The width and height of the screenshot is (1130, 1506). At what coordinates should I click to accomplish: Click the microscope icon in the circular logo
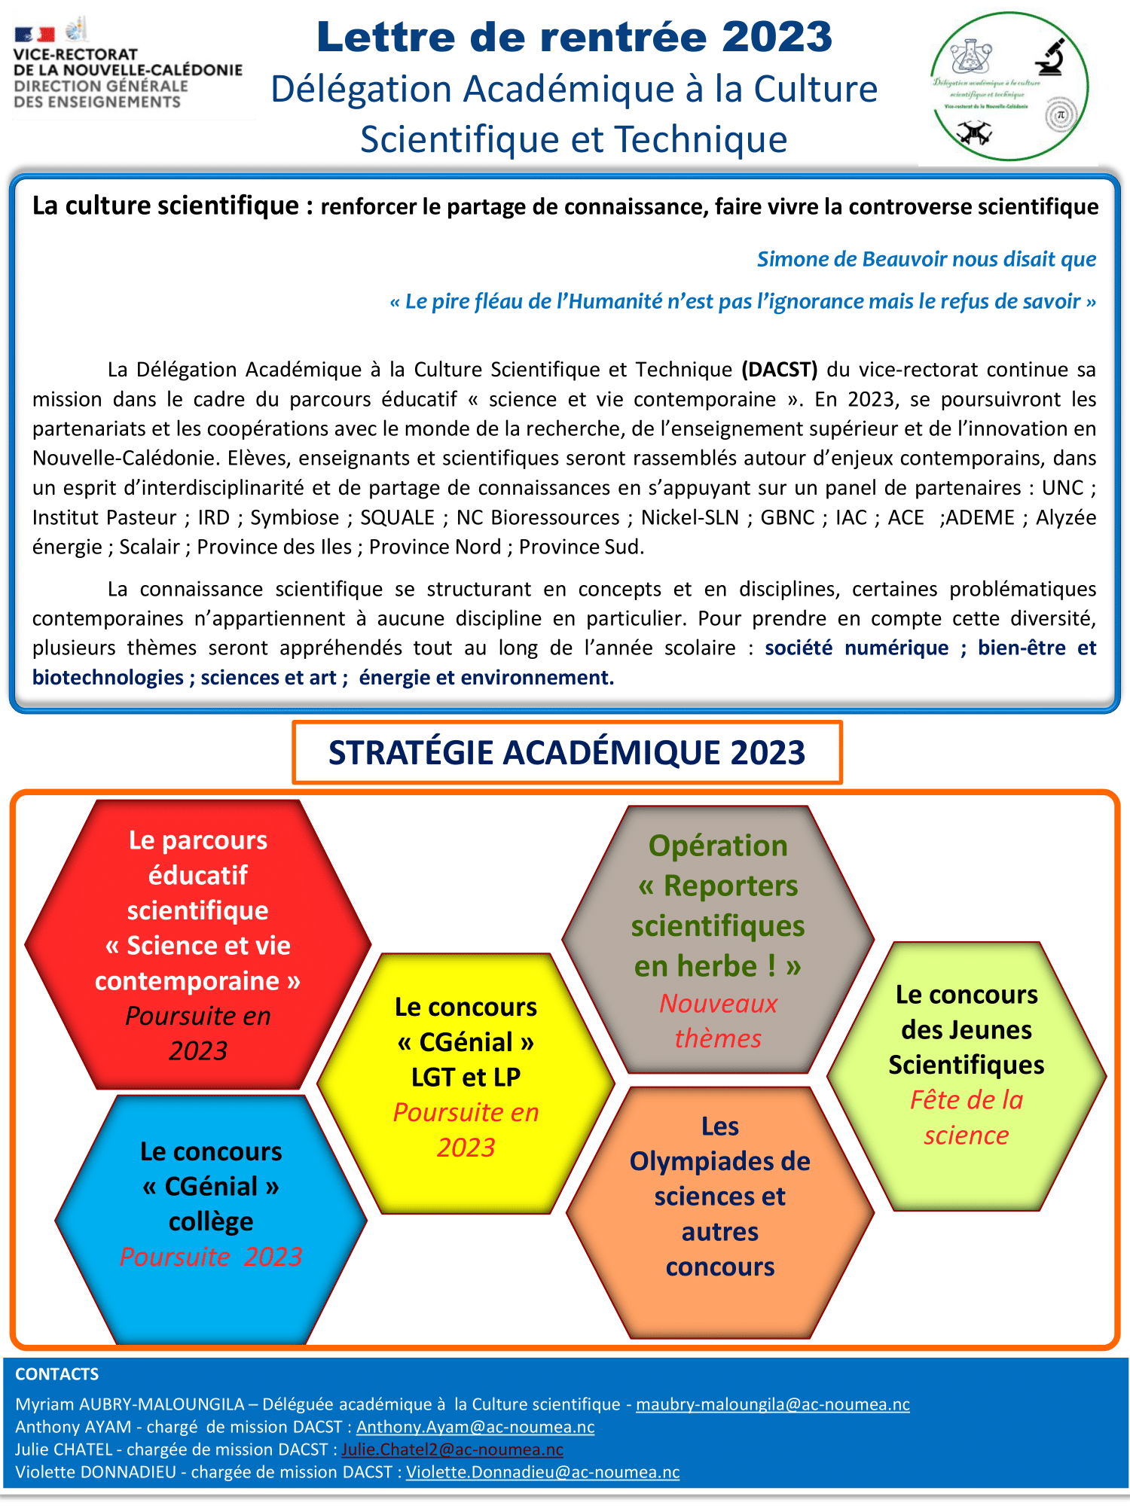(1049, 57)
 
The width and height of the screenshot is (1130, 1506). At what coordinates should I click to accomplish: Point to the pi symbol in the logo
(1061, 115)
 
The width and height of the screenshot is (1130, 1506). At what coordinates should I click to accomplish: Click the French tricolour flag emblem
(35, 34)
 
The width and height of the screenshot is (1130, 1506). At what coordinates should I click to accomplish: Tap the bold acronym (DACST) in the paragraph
(780, 370)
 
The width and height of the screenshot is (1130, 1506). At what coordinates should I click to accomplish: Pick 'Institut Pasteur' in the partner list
(104, 517)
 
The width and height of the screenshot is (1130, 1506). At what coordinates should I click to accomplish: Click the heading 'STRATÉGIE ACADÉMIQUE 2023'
(567, 752)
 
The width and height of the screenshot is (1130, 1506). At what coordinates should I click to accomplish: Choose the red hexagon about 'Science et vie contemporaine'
(197, 944)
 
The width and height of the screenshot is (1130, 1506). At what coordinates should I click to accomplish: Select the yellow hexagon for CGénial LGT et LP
(466, 1077)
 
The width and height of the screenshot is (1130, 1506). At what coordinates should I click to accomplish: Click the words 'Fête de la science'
(967, 1117)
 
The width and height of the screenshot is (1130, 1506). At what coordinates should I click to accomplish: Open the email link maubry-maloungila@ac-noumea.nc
(772, 1404)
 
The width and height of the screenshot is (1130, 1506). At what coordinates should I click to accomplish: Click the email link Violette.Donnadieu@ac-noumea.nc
(542, 1472)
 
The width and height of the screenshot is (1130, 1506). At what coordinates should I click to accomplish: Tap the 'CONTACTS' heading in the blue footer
(56, 1374)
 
